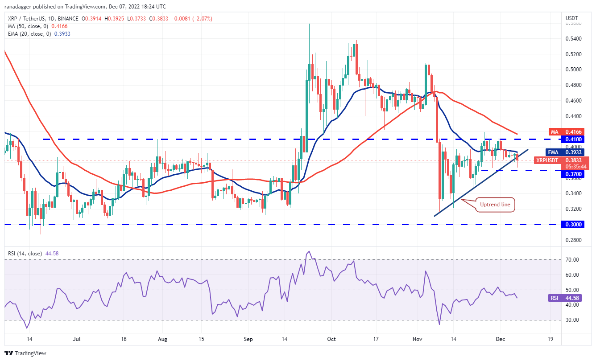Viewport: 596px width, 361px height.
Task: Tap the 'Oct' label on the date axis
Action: [331, 339]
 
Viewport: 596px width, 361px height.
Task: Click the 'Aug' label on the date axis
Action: [162, 339]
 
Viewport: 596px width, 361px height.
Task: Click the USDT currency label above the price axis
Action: [572, 18]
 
